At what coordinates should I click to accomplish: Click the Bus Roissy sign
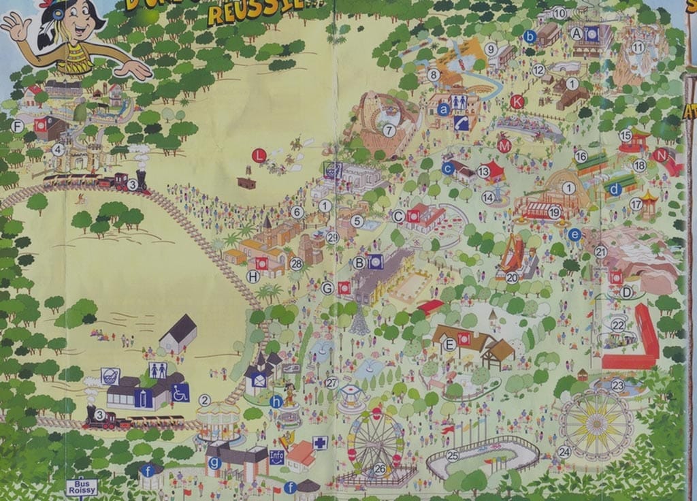pos(82,487)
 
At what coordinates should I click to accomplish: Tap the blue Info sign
pos(277,457)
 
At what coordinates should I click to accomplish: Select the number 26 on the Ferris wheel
pos(380,468)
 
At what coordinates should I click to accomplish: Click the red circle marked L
pos(259,155)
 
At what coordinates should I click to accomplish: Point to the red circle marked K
pos(517,102)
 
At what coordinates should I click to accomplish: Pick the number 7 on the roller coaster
pos(389,129)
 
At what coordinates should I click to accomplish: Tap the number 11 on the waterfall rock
pos(638,47)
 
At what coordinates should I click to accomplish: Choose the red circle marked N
pos(660,155)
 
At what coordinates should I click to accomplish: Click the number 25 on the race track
pos(453,456)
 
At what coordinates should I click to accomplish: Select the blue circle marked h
pos(276,402)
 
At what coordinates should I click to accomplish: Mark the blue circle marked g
pos(215,463)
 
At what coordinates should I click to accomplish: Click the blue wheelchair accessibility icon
pos(180,393)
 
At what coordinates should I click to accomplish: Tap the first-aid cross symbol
pos(320,443)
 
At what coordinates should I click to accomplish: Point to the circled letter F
pos(18,126)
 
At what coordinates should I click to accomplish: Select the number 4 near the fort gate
pos(59,149)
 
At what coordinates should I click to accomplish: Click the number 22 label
pos(617,325)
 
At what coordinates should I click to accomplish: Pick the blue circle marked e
pos(574,234)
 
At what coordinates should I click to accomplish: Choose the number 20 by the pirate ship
pos(512,277)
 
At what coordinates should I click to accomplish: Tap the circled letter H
pos(253,277)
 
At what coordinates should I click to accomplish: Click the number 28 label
pos(296,263)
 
